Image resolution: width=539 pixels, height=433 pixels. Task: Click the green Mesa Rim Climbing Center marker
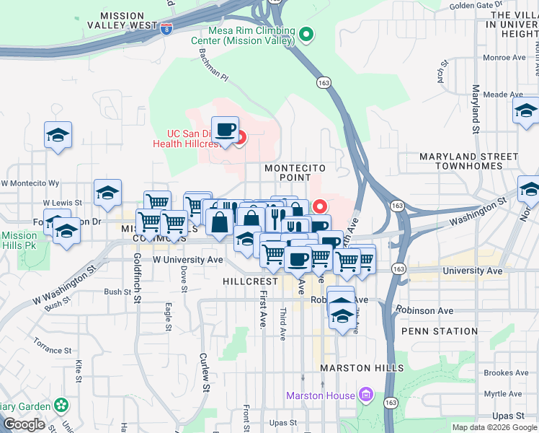coord(306,34)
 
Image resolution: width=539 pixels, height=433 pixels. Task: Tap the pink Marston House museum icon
coord(366,395)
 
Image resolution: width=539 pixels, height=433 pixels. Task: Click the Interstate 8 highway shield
coord(167,29)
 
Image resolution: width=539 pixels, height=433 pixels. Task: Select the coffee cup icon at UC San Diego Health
coord(225,129)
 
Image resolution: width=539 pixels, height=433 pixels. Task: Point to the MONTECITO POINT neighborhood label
coord(295,172)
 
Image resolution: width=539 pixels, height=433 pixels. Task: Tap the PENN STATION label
coord(439,331)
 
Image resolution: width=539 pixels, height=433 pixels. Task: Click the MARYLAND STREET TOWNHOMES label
coord(469,161)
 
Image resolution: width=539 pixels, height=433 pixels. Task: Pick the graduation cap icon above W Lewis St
coord(107,193)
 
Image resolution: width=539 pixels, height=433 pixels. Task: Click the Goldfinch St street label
coord(136,282)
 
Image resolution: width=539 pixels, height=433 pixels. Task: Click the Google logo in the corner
coord(24,424)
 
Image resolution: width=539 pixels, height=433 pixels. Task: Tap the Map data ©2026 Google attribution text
coord(494,427)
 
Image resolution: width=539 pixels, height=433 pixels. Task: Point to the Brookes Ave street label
coord(506,373)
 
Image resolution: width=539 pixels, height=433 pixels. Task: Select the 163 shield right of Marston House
coord(391,402)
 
